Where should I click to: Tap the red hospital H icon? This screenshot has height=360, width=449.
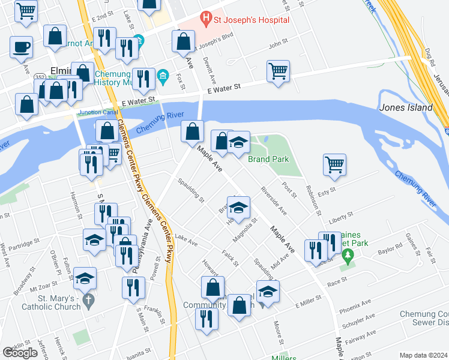click(206, 19)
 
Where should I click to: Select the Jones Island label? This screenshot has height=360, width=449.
click(406, 107)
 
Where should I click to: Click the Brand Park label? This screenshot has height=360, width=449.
click(268, 159)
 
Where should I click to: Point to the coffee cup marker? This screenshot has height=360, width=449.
click(21, 46)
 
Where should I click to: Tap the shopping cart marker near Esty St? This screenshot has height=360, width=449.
click(334, 163)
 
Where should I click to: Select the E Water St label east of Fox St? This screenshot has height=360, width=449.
click(223, 88)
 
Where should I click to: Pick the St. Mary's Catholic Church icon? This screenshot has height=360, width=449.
click(88, 299)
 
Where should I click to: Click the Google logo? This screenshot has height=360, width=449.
click(20, 353)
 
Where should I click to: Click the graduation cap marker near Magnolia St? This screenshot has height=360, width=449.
click(238, 207)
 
